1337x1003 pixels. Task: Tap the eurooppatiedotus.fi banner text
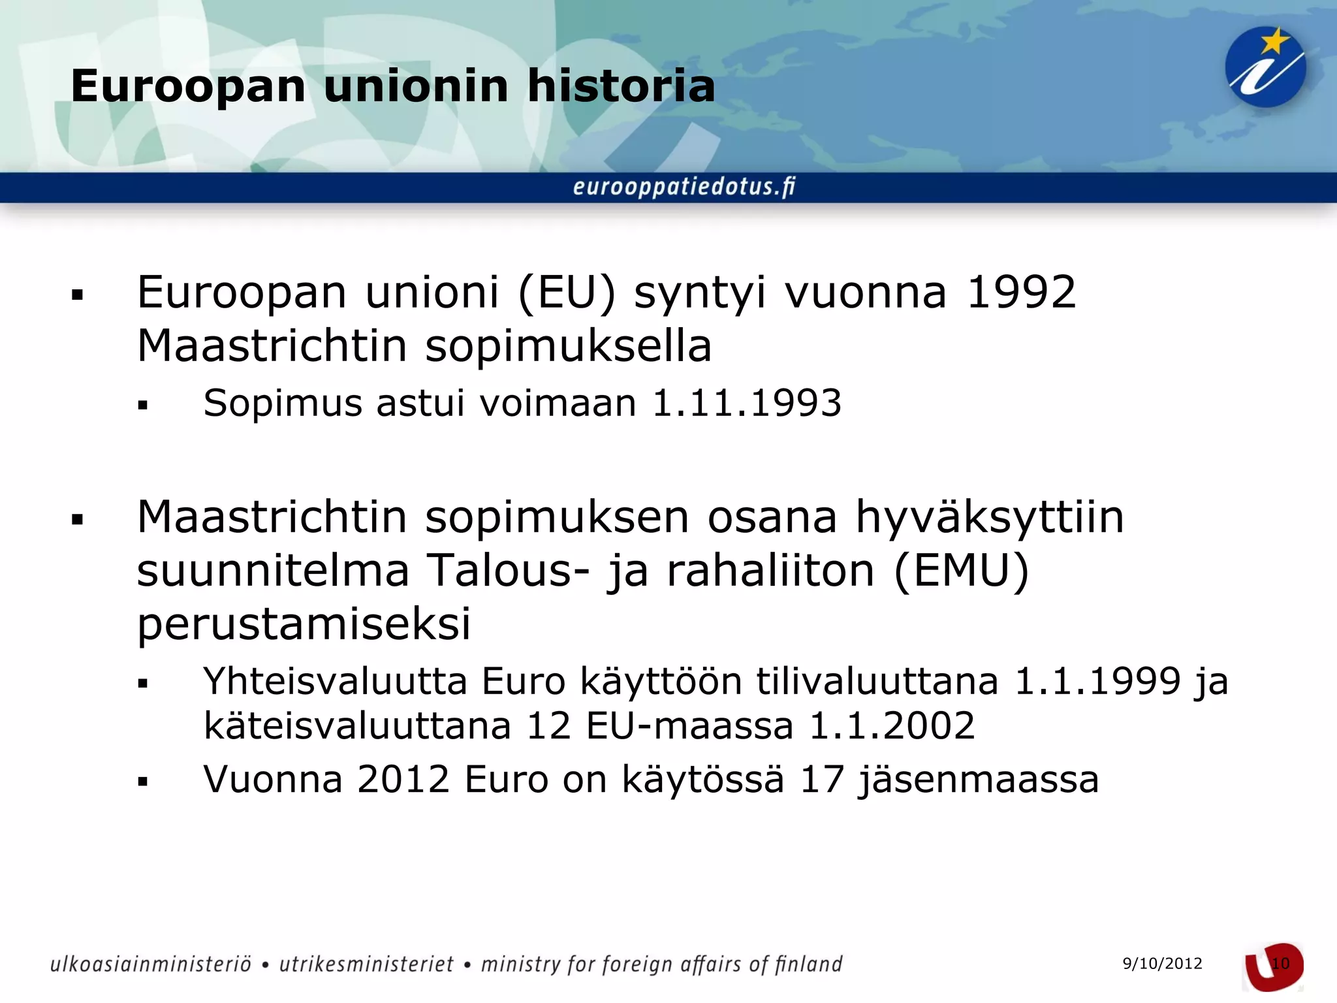[x=684, y=187]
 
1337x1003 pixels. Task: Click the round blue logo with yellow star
[x=1265, y=67]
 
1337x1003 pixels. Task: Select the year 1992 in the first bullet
[x=1021, y=292]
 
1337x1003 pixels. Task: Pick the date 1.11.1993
[x=747, y=403]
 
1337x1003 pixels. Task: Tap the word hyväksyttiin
[x=990, y=517]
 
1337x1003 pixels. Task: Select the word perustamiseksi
[x=304, y=624]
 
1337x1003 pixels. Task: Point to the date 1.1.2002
[x=892, y=725]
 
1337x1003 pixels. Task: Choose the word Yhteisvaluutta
[x=335, y=682]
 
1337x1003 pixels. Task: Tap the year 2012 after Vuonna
[x=403, y=779]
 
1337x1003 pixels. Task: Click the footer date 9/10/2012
[x=1162, y=964]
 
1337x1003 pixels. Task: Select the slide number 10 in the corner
[x=1280, y=964]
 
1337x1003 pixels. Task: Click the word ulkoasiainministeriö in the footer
[x=151, y=964]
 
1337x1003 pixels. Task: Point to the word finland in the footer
[x=808, y=964]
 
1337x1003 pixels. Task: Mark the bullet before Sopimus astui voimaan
[x=143, y=406]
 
